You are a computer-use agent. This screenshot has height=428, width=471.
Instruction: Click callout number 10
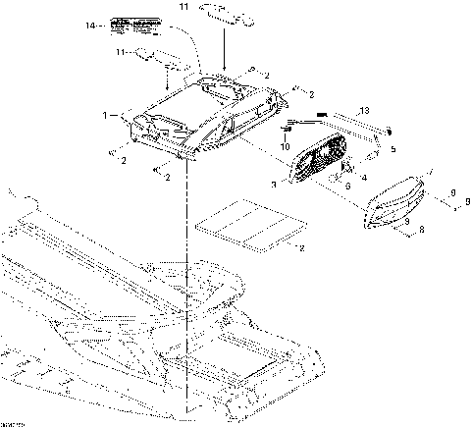click(x=286, y=146)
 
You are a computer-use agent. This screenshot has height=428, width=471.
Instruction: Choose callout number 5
click(x=392, y=149)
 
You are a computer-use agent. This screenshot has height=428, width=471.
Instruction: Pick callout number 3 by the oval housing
click(x=274, y=184)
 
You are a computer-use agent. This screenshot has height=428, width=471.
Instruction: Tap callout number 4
click(x=362, y=177)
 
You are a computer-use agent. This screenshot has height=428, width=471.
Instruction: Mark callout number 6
click(x=345, y=187)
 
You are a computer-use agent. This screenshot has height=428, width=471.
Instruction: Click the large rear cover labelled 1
click(x=196, y=113)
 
